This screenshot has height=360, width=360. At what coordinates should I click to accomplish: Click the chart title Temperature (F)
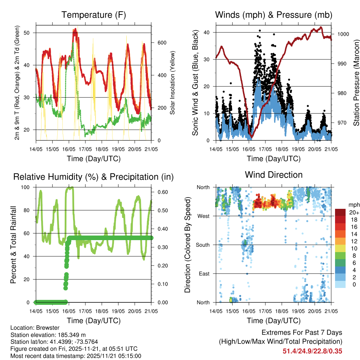94,15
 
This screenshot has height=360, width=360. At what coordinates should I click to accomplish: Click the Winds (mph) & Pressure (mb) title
274,15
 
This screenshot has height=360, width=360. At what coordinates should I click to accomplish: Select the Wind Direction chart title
274,175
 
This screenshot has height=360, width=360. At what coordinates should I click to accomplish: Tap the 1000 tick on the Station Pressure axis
343,34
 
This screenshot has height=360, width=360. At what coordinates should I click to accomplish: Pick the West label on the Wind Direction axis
203,216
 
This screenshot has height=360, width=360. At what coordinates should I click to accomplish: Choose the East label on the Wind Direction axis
204,274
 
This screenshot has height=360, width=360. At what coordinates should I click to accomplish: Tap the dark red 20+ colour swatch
340,212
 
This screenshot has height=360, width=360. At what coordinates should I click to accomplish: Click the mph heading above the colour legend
353,205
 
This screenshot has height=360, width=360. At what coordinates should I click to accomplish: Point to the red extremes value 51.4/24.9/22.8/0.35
313,351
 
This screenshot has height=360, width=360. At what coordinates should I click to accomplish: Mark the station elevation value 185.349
70,335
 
